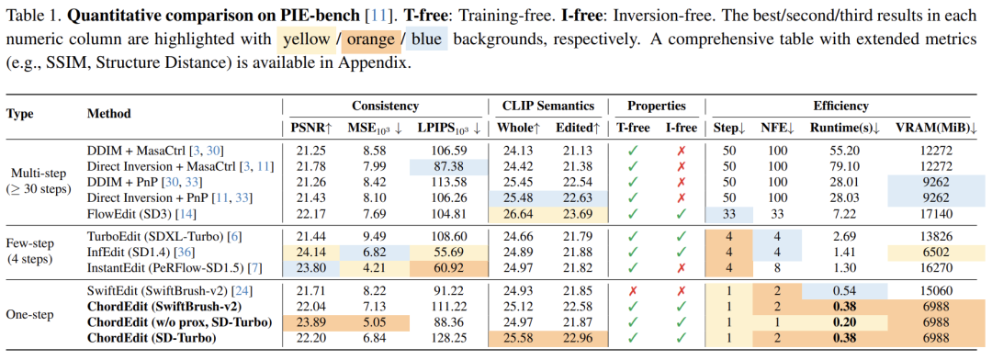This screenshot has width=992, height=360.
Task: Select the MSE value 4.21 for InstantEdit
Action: (x=373, y=267)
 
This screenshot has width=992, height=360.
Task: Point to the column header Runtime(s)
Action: (x=845, y=129)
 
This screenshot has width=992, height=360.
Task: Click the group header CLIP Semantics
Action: (x=548, y=107)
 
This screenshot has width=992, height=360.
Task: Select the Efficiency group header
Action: (x=842, y=107)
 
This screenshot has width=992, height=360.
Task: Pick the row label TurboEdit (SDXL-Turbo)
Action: (x=164, y=238)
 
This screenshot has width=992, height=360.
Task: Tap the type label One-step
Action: (x=30, y=316)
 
